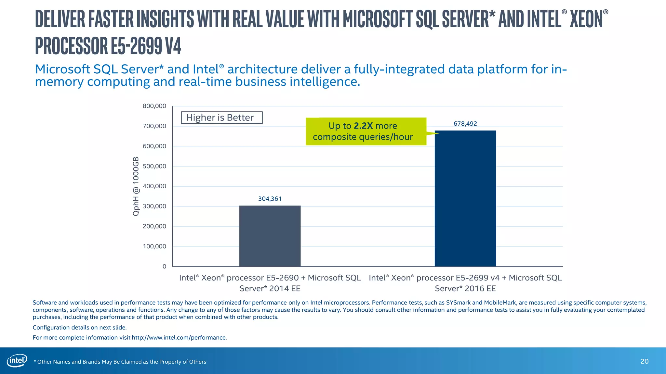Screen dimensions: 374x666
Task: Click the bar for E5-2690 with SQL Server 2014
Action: coord(270,236)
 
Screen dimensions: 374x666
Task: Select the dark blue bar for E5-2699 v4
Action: coord(465,198)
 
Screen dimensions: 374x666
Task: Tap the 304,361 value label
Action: coord(270,199)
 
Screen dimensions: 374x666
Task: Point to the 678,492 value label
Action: coord(465,124)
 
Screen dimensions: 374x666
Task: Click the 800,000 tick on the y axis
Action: coord(154,106)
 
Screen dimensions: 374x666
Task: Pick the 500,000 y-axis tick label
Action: coord(154,166)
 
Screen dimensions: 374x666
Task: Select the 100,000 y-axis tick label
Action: coord(154,246)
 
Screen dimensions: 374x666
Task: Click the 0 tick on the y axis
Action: coord(164,267)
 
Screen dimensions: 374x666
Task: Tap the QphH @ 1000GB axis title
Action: coord(136,186)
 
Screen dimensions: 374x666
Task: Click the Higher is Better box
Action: coord(221,118)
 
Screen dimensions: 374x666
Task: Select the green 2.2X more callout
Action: coord(366,131)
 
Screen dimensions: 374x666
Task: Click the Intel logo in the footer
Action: coord(17,361)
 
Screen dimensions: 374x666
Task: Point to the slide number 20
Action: coord(644,362)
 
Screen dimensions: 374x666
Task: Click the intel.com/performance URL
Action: coord(179,338)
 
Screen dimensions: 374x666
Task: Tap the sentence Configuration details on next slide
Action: coord(80,328)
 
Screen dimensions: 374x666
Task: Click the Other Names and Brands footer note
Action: coord(120,362)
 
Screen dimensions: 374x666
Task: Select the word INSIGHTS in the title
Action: coord(165,19)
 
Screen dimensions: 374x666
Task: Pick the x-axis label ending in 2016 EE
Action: coord(465,283)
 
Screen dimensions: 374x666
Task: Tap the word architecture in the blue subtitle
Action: coord(262,69)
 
